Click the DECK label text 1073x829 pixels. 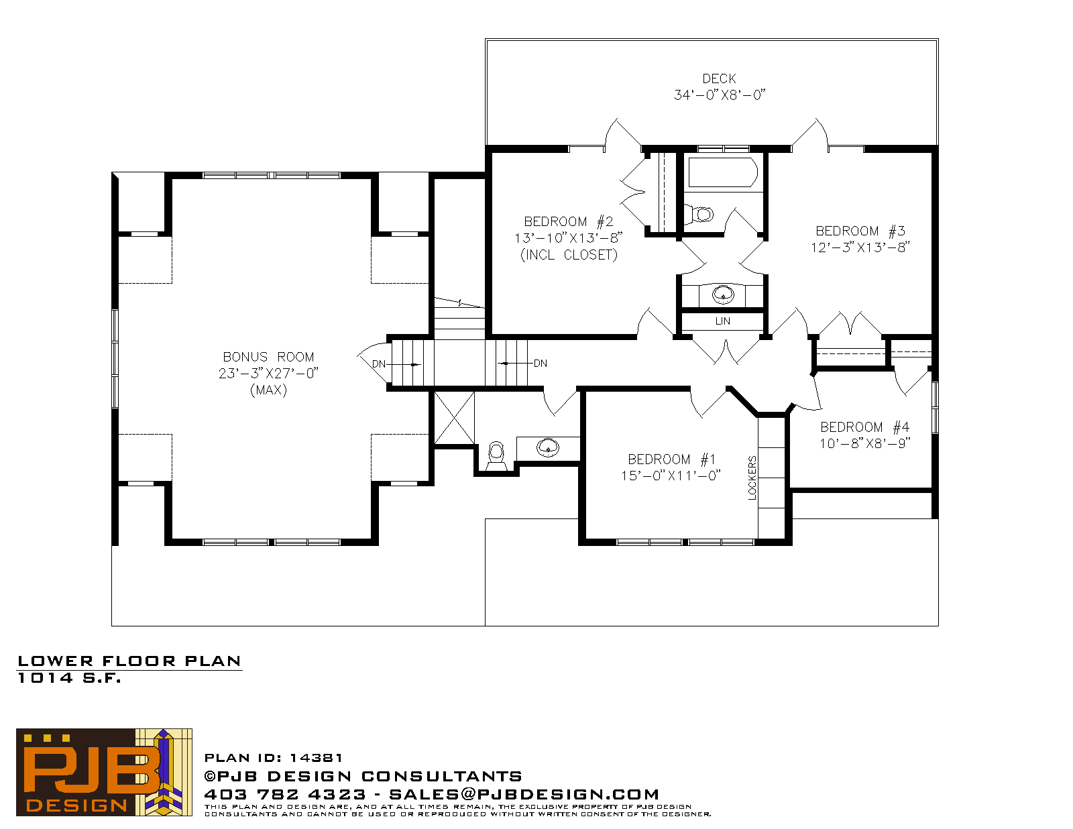(718, 78)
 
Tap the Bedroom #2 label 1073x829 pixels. (568, 221)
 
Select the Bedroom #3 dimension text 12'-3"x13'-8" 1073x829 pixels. (860, 247)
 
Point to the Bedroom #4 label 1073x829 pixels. (864, 427)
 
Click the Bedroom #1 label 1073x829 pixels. (671, 459)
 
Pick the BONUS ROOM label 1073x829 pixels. (268, 357)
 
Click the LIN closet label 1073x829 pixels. (722, 321)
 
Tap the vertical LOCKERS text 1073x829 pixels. (752, 478)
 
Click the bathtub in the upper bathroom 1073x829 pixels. (723, 172)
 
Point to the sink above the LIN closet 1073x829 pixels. (723, 294)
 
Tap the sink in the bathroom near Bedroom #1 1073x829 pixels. (548, 448)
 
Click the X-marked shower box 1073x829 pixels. (454, 418)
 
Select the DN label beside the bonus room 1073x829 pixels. (379, 364)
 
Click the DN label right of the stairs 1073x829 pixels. (541, 364)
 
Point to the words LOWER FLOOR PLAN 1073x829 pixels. (129, 661)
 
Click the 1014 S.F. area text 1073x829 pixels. (70, 678)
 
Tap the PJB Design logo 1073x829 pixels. (104, 772)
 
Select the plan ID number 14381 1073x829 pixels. (316, 757)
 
